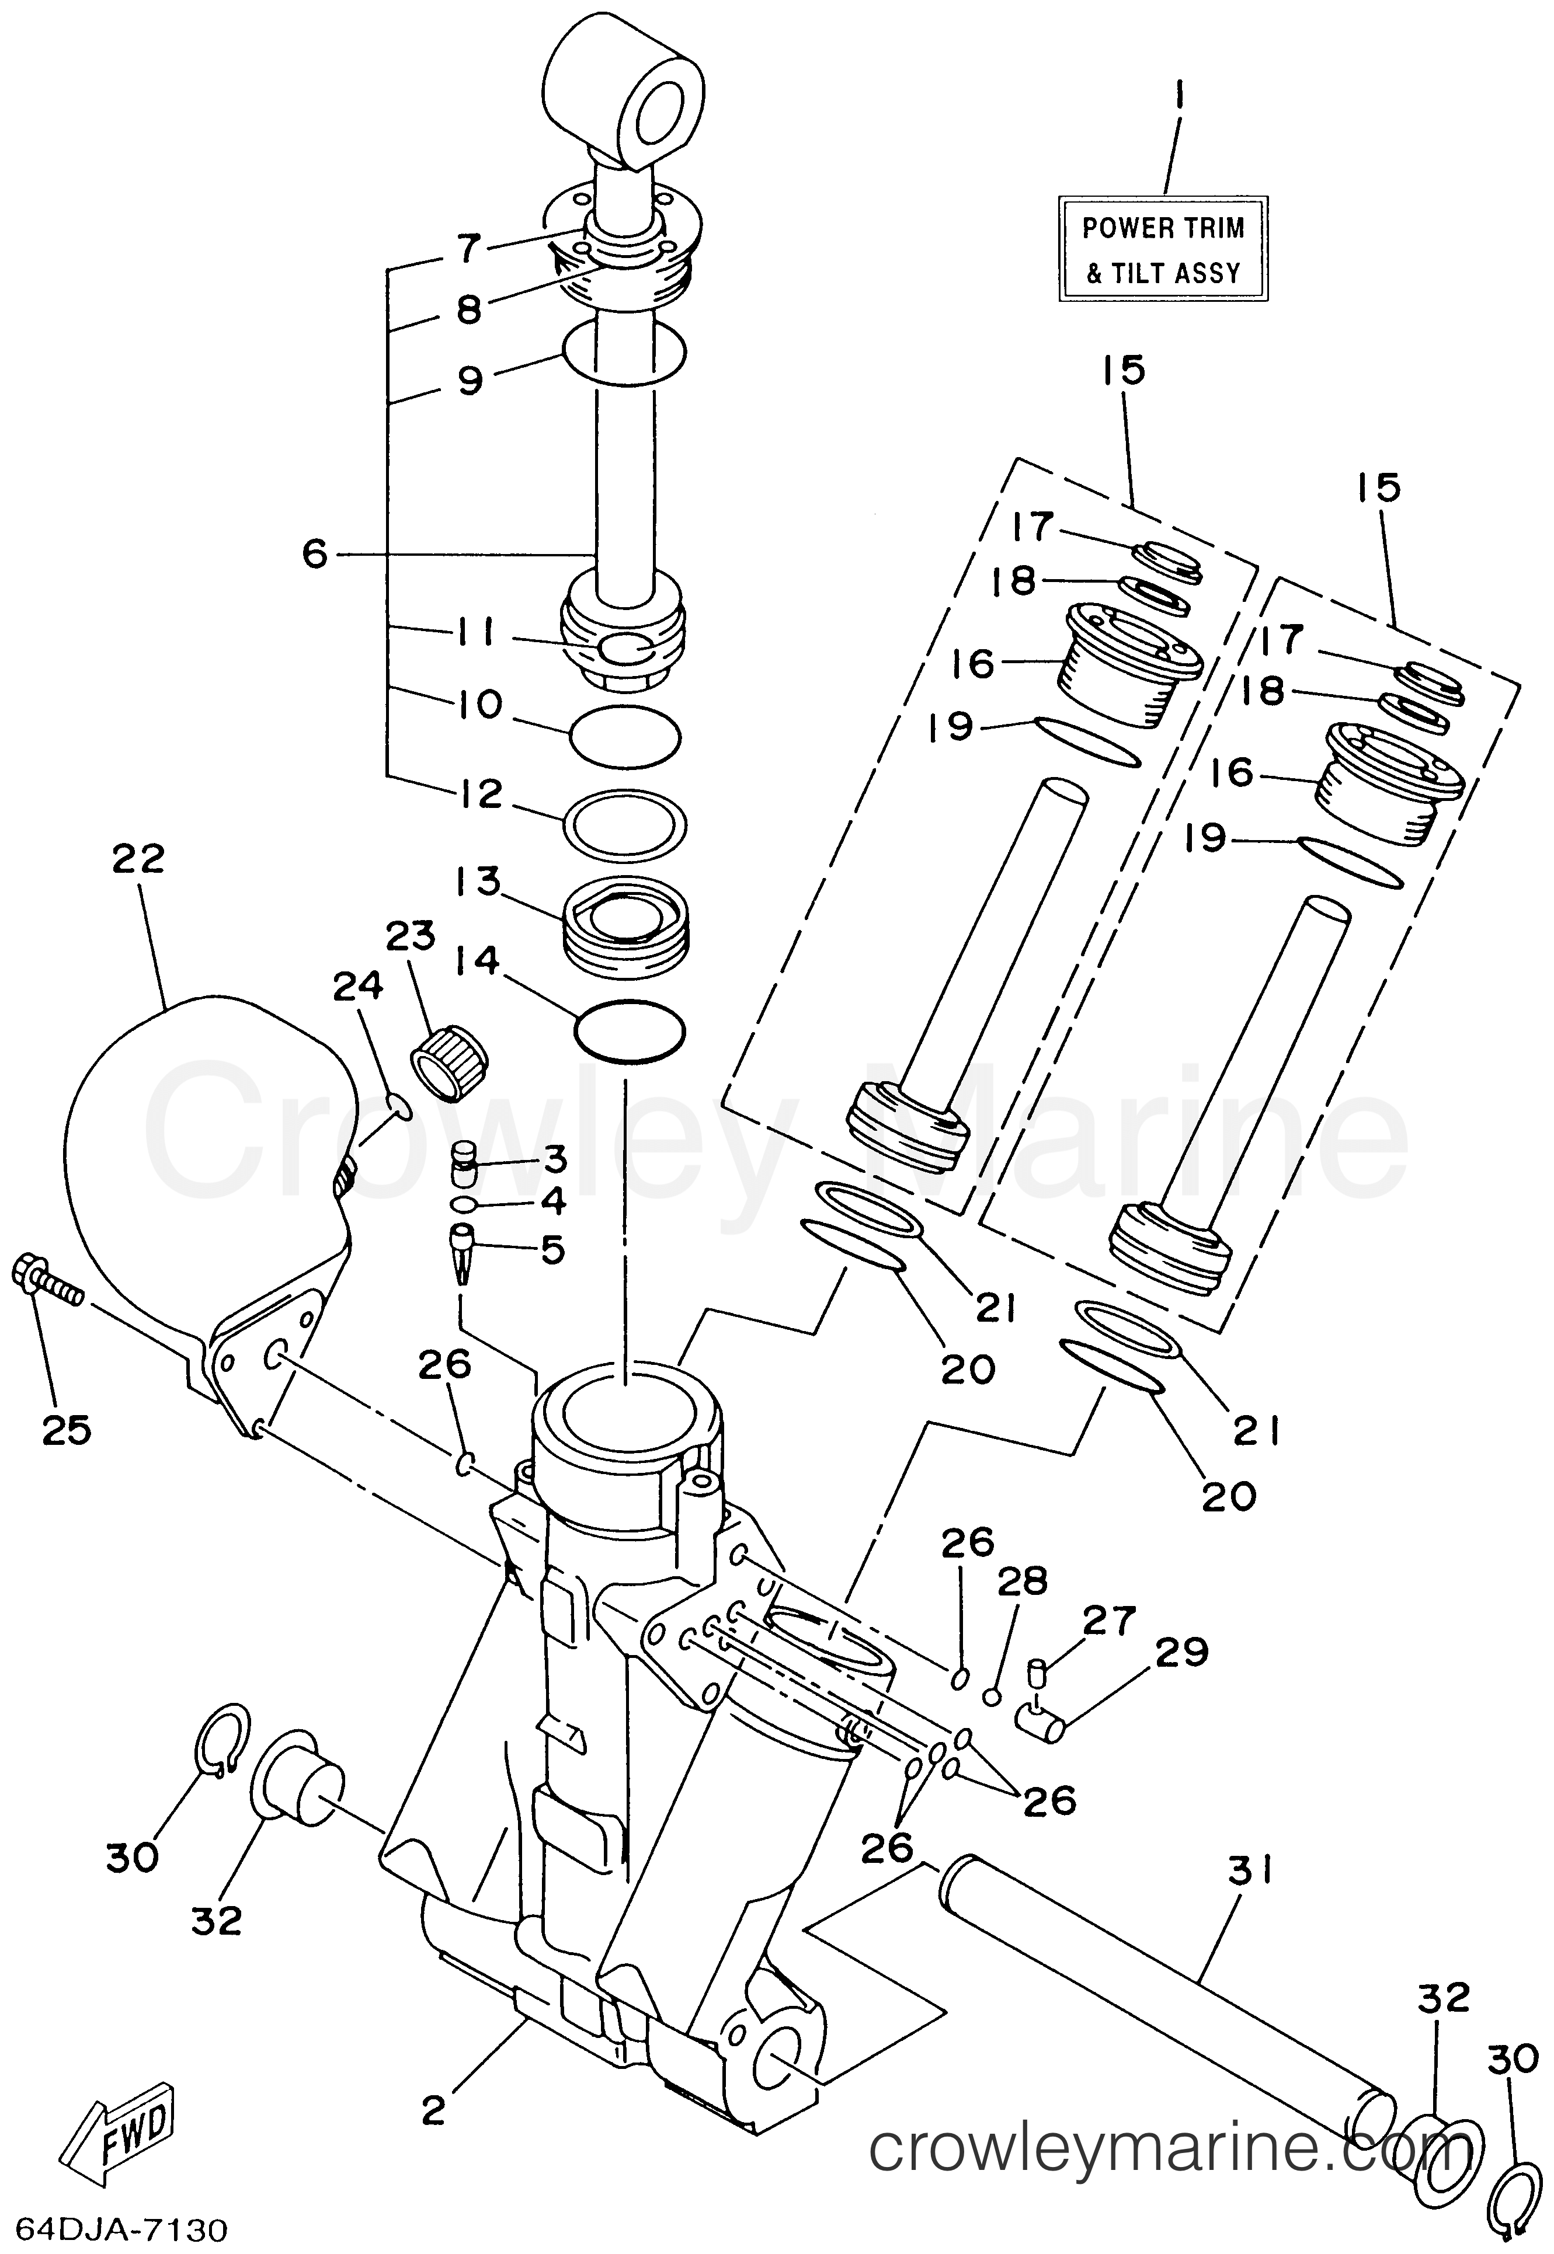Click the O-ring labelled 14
tap(629, 1030)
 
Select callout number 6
tap(315, 554)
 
